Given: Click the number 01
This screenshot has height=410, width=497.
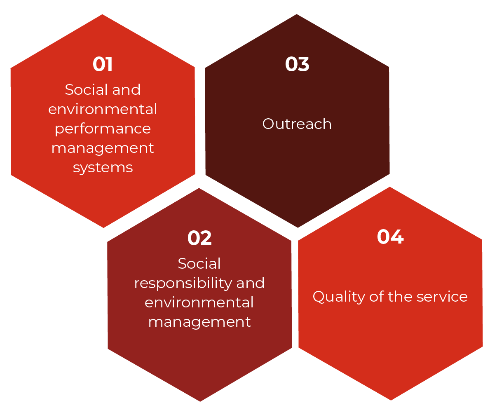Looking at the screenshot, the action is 103,64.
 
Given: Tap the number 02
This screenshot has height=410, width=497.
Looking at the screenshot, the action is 199,238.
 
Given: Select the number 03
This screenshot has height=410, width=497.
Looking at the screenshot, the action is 297,64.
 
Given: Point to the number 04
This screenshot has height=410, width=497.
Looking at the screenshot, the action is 390,237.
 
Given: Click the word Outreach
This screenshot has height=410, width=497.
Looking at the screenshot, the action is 297,124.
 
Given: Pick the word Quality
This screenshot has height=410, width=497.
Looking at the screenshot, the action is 339,297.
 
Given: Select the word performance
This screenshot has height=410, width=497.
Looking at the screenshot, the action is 103,129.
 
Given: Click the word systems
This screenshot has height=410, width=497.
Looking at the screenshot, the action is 103,168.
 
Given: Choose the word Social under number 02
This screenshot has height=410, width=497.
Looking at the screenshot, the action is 199,264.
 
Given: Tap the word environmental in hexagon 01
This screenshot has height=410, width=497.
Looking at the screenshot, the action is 103,110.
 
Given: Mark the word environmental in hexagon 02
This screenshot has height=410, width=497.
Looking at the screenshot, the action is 199,302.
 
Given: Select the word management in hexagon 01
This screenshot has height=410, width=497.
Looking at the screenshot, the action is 103,148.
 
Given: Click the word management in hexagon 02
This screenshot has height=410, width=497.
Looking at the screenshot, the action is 199,322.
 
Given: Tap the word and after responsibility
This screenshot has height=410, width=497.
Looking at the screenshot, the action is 250,283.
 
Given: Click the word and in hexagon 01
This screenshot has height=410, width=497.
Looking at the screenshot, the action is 127,90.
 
